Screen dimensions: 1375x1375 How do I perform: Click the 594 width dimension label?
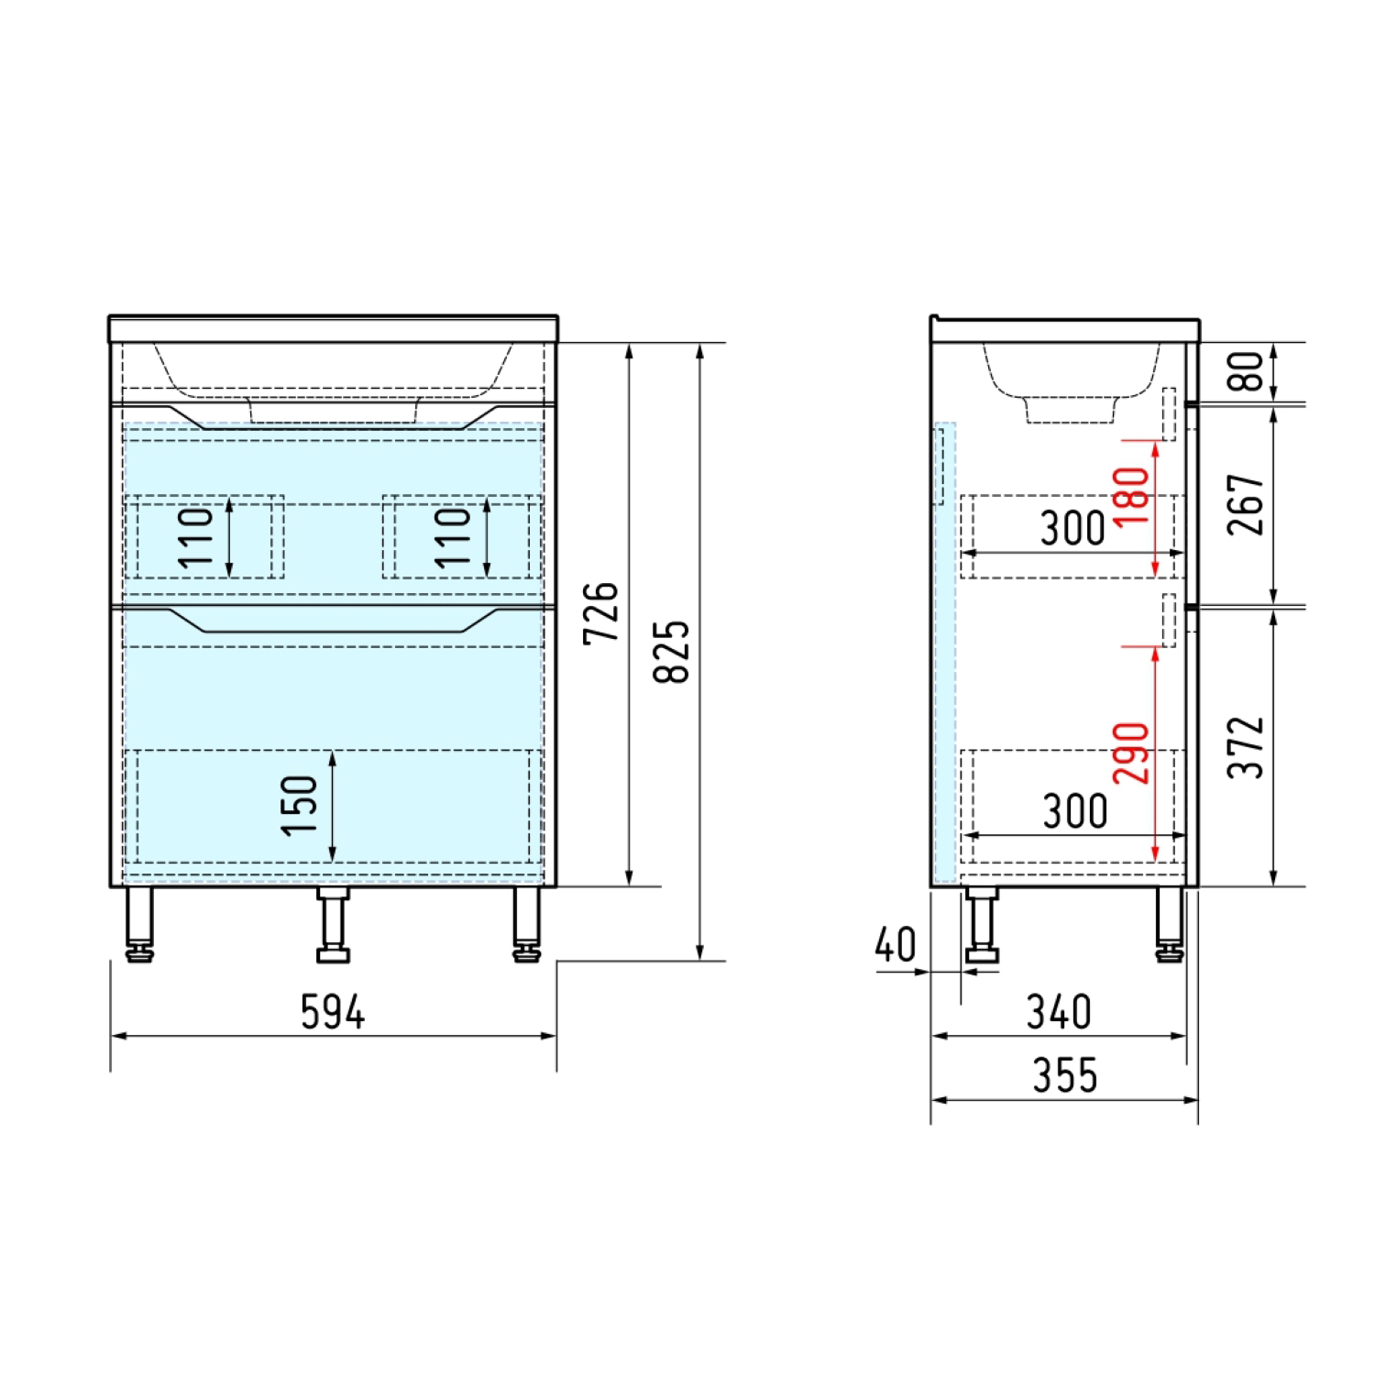click(333, 1013)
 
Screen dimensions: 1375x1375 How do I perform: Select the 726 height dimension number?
click(602, 612)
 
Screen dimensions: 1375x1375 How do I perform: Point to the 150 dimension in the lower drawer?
click(300, 806)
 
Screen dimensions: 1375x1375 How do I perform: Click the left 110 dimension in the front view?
click(196, 537)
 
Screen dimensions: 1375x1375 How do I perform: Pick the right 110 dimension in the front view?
click(454, 537)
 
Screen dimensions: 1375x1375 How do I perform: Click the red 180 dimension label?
click(1132, 496)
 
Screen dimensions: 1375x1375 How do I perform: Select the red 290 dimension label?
click(1132, 753)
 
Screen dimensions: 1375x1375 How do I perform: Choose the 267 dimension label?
click(1247, 505)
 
